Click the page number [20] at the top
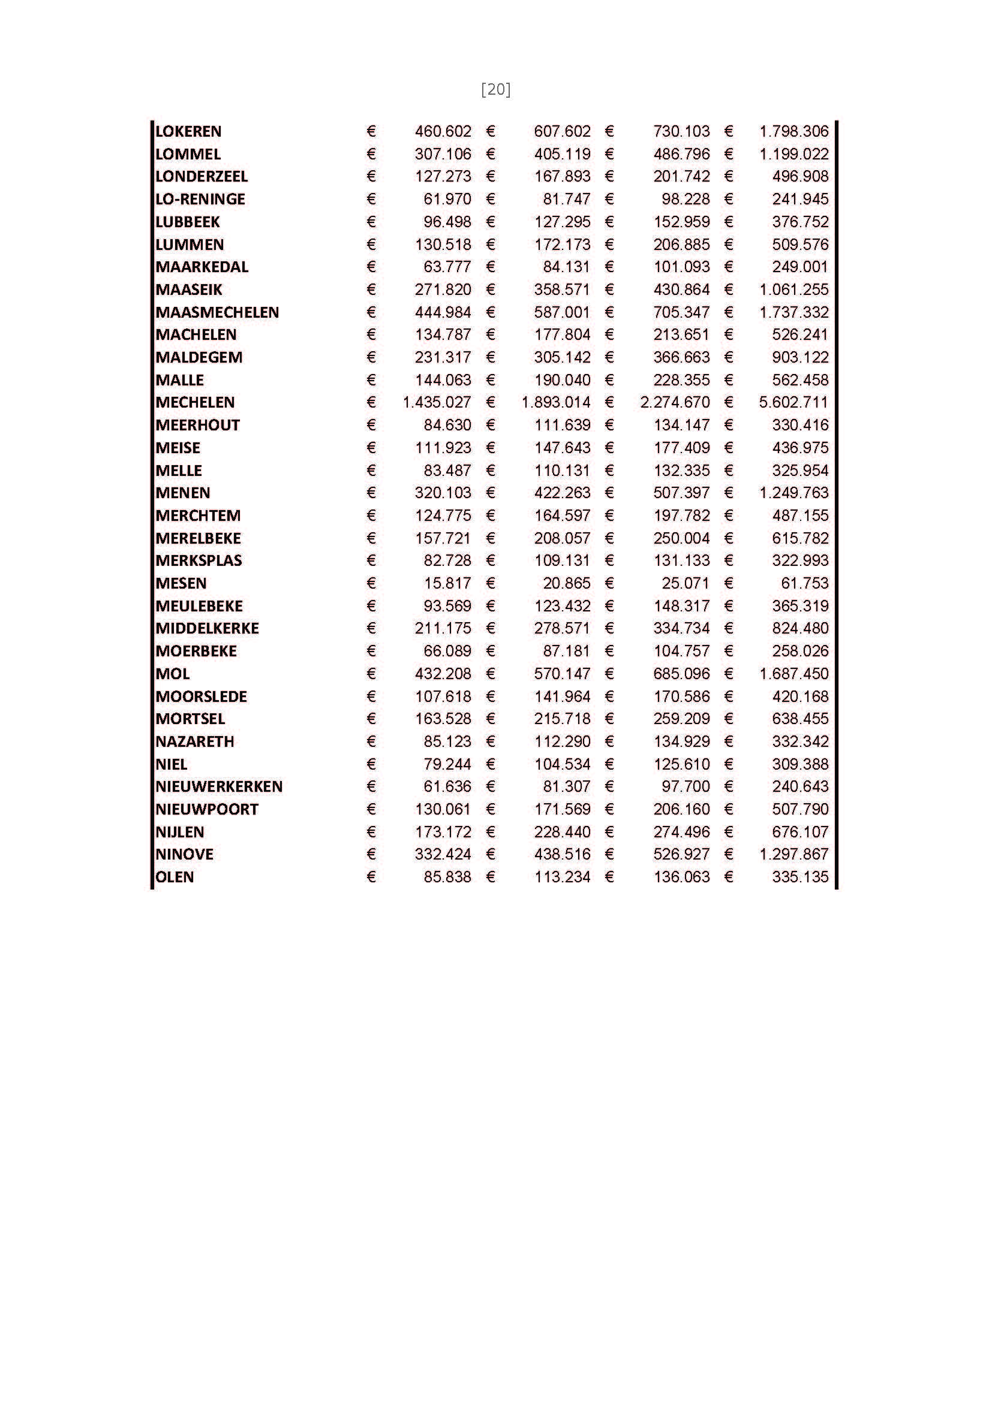point(495,90)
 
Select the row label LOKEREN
point(188,131)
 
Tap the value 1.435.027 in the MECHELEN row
point(437,402)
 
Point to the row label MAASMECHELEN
point(217,312)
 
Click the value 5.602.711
point(793,402)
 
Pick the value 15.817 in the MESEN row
point(448,583)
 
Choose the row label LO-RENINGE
point(200,199)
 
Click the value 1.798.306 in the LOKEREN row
point(793,131)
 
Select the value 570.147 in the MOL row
point(562,674)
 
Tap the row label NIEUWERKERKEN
point(219,786)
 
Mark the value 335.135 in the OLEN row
point(800,877)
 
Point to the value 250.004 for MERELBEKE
point(682,538)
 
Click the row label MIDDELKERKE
point(207,628)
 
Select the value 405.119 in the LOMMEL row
point(562,154)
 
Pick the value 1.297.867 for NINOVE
point(793,854)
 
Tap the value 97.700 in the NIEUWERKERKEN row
point(686,786)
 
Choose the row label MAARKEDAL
point(202,267)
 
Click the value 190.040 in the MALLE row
point(562,380)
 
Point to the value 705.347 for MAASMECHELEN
point(682,312)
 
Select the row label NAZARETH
point(195,741)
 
